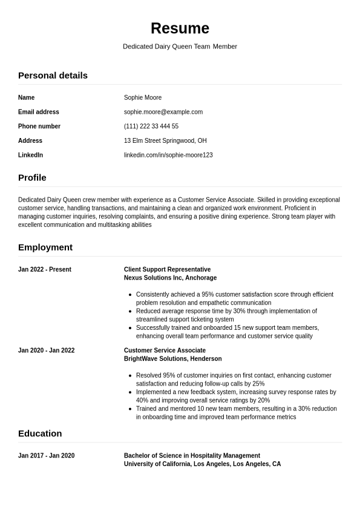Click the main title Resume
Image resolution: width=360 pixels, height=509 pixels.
pos(180,28)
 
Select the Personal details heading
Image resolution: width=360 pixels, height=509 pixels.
pos(53,76)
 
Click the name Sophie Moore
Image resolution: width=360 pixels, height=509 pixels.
pos(143,97)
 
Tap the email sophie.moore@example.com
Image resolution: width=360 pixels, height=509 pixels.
pos(163,112)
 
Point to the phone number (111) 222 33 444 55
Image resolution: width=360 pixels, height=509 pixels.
pos(151,126)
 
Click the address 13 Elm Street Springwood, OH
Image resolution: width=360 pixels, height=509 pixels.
pos(165,141)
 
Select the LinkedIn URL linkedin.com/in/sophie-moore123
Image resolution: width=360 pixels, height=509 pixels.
pos(168,156)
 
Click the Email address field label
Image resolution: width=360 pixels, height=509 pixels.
pos(39,112)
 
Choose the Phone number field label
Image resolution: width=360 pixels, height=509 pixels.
pos(39,126)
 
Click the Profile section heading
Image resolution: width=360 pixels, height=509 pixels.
pos(32,178)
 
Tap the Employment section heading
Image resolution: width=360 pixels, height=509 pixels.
pos(45,248)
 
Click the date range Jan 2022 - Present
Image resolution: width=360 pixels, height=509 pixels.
pos(45,270)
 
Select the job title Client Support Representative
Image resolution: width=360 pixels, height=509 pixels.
pos(167,270)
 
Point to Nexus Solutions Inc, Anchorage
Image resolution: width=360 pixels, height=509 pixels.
pos(170,278)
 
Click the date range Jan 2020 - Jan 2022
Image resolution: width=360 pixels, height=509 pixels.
pos(47,350)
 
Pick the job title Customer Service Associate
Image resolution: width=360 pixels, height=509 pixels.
pos(165,350)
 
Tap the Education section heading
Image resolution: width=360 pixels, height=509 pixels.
pos(40,434)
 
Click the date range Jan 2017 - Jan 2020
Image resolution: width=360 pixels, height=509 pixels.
pos(47,456)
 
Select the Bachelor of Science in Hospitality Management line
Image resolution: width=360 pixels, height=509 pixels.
pos(192,456)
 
